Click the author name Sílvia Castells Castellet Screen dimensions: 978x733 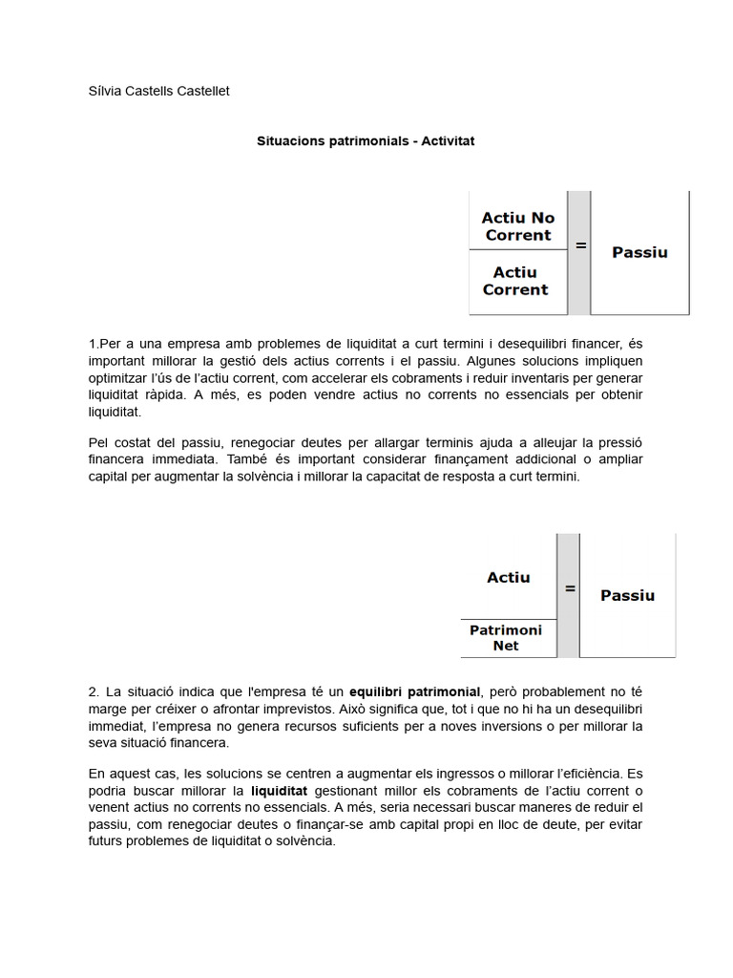pyautogui.click(x=158, y=91)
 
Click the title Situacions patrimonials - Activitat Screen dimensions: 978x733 pyautogui.click(x=366, y=140)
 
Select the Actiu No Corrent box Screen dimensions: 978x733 pyautogui.click(x=518, y=226)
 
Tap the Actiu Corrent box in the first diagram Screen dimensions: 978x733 pyautogui.click(x=515, y=282)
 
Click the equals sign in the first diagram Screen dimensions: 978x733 pyautogui.click(x=579, y=245)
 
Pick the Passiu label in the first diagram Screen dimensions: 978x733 pyautogui.click(x=639, y=253)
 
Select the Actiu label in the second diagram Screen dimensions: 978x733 pyautogui.click(x=509, y=577)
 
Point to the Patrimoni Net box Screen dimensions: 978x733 pyautogui.click(x=506, y=638)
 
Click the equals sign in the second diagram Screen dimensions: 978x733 pyautogui.click(x=570, y=589)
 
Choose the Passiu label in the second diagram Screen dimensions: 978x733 pyautogui.click(x=628, y=595)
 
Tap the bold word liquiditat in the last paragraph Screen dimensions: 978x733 pyautogui.click(x=279, y=791)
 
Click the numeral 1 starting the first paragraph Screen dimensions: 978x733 pyautogui.click(x=93, y=343)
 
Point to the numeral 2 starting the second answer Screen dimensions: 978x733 pyautogui.click(x=92, y=691)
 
